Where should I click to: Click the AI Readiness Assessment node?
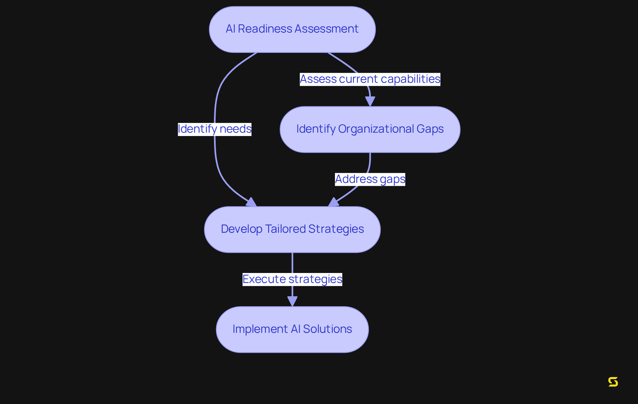292,29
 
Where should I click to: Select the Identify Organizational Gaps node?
370,129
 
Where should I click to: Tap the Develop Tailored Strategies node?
292,229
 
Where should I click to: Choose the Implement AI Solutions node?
292,330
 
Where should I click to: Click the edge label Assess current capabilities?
370,79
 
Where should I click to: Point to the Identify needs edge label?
215,129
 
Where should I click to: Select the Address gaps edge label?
370,179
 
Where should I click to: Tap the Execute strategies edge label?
292,279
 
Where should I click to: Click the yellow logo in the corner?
613,382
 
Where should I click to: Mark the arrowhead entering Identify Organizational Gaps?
370,101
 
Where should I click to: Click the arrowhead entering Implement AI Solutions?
292,301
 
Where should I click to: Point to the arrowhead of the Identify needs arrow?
252,202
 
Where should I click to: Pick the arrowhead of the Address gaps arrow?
333,202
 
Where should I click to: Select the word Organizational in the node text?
376,129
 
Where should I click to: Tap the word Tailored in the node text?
285,229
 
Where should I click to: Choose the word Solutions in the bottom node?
327,329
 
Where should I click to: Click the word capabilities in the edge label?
410,79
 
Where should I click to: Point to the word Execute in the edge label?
264,279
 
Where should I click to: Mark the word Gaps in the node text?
430,129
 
